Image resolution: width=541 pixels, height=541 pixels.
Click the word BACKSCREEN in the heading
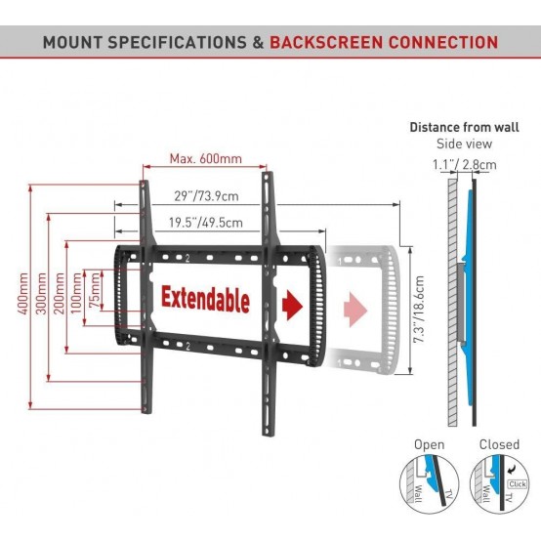click(326, 42)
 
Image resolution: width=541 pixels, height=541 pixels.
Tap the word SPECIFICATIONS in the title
click(177, 42)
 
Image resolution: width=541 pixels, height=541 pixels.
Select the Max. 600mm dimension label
click(206, 159)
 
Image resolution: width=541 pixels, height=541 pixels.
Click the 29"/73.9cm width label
click(206, 196)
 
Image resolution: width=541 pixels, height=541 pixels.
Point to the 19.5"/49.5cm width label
click(206, 223)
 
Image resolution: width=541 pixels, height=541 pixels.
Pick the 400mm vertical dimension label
click(22, 293)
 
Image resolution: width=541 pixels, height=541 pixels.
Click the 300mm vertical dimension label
click(41, 293)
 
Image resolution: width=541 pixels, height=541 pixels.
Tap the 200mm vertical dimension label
click(60, 293)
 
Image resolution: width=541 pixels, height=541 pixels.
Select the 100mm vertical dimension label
click(76, 293)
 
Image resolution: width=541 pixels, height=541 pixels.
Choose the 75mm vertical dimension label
click(94, 289)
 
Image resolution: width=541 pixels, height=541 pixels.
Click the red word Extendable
click(205, 299)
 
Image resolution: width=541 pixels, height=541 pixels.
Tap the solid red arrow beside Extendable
click(292, 305)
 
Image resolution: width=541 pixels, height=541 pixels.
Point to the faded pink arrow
click(355, 310)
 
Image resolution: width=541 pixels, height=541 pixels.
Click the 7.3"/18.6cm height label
click(419, 310)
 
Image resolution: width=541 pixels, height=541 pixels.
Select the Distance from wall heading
click(464, 127)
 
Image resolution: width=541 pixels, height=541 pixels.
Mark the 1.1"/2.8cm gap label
click(465, 165)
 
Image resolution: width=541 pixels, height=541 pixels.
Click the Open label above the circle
click(430, 445)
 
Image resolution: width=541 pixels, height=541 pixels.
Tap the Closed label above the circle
click(499, 444)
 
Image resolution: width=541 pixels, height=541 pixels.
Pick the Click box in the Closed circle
click(518, 484)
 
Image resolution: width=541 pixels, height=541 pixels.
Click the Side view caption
click(464, 144)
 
